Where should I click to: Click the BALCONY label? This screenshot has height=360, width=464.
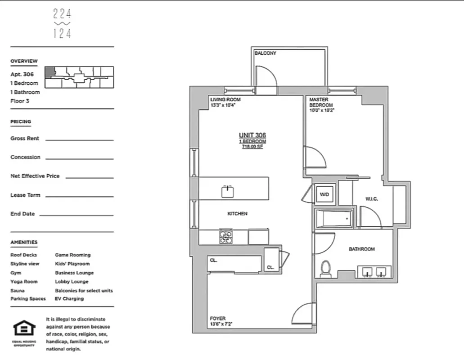tap(265, 53)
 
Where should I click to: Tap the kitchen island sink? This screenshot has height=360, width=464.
tap(228, 191)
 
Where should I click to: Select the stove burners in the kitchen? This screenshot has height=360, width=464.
tap(226, 237)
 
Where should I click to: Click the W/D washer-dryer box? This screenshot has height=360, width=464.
tap(324, 194)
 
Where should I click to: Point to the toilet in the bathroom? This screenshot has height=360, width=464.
tap(325, 269)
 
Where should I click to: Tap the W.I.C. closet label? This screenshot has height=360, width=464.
tap(371, 198)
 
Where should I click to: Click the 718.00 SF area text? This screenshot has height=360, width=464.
tap(252, 147)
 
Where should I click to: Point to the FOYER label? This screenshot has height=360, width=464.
tap(218, 318)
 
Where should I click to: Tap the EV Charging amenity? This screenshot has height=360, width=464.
tap(69, 299)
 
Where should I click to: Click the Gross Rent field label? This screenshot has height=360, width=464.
tap(25, 139)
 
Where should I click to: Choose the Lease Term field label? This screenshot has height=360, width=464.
tap(25, 195)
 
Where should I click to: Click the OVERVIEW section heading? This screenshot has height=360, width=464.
tap(24, 61)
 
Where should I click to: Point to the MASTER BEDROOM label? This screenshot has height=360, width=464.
tap(321, 102)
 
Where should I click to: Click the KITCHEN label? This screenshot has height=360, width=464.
tap(237, 214)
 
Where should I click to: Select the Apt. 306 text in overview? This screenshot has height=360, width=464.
tap(22, 75)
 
